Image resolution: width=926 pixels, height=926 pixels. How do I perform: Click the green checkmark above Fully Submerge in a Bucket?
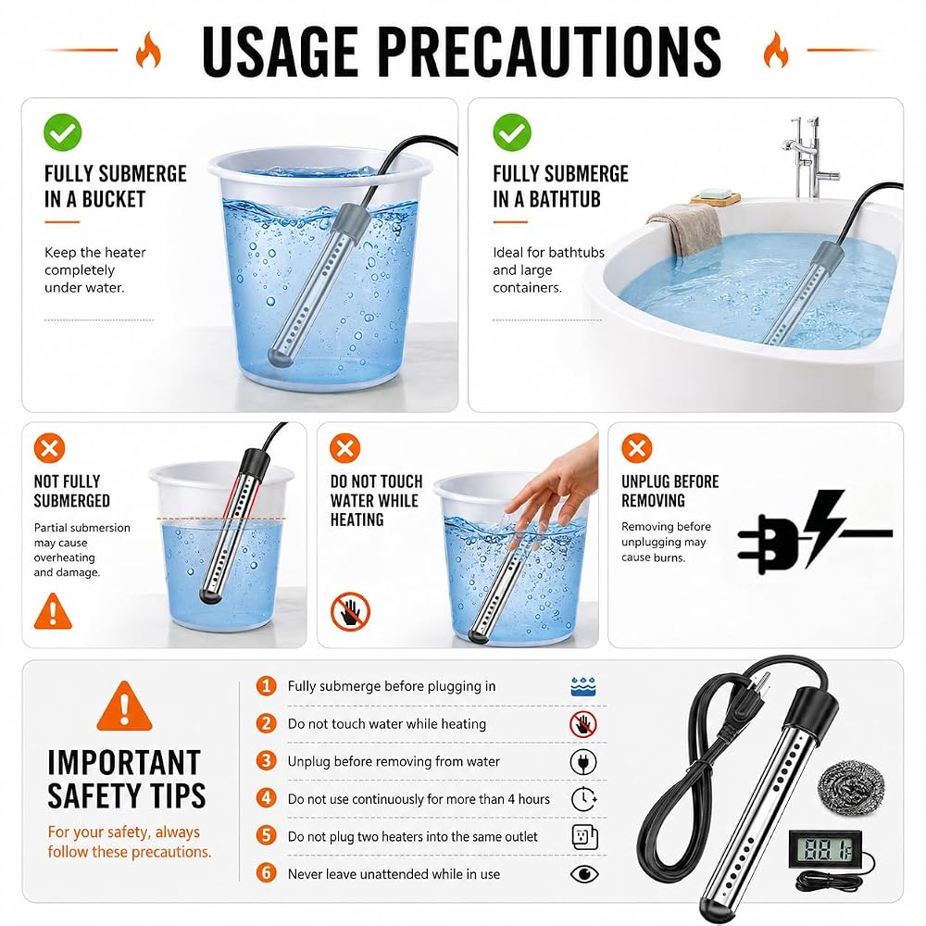point(63,132)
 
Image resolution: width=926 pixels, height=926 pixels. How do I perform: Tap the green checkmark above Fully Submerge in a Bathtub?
point(512,132)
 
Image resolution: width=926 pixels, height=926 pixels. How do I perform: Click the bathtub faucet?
point(807,157)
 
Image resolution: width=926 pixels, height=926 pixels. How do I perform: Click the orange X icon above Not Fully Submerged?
point(50,447)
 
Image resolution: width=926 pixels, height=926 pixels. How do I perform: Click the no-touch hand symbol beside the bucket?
point(350,611)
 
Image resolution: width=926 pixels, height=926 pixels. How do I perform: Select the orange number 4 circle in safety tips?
point(267,798)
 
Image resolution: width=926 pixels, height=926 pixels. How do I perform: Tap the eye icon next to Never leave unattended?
point(584,874)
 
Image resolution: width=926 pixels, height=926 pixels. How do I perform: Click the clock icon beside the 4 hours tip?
point(584,799)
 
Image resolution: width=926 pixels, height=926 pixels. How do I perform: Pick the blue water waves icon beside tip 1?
point(583,686)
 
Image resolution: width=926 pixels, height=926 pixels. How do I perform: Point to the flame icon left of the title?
point(148,50)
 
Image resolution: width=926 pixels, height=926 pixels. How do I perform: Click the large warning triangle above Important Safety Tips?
point(124,707)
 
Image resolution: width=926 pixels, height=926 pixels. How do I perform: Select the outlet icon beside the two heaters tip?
point(584,836)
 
